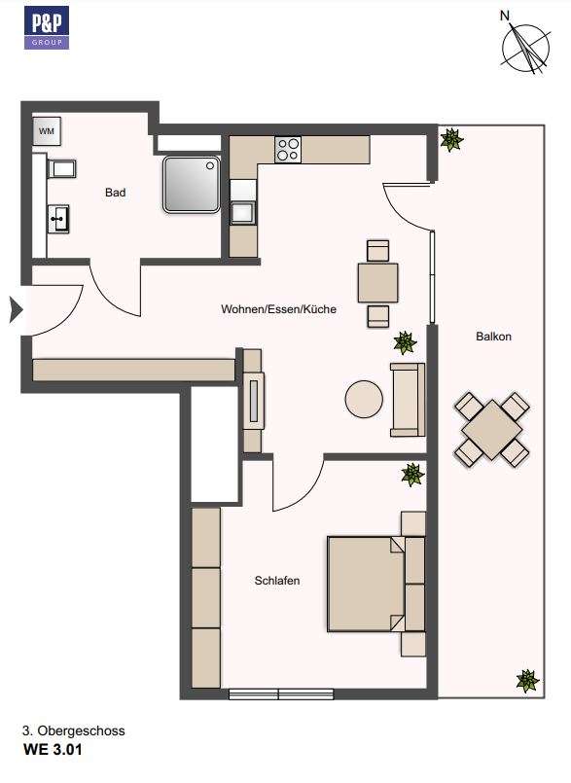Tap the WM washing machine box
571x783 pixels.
point(47,130)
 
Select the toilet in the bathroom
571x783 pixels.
point(61,170)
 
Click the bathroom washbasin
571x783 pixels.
point(58,218)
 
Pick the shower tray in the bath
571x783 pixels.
point(191,183)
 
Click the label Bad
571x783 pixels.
point(116,193)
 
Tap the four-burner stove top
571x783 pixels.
point(288,150)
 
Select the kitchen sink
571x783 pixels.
point(241,211)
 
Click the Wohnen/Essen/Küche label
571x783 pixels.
point(278,309)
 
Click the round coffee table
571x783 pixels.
point(364,399)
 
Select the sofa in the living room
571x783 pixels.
point(408,399)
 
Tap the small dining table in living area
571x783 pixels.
point(377,283)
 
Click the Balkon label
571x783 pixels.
point(493,337)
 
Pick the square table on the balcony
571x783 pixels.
point(492,429)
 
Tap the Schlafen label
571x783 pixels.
point(277,581)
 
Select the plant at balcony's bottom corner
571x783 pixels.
point(526,680)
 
